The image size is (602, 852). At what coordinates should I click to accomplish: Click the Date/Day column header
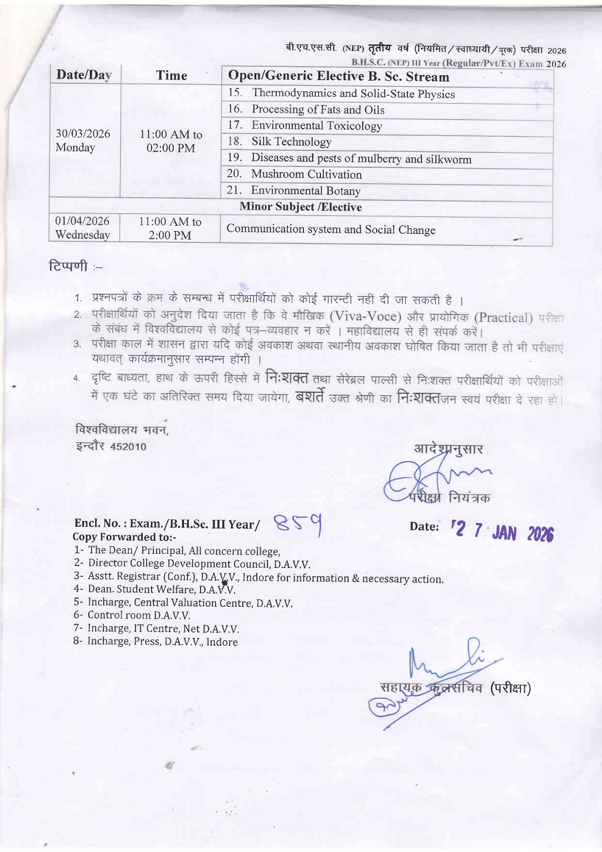(x=83, y=75)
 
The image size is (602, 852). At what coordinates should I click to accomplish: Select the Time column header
(x=171, y=75)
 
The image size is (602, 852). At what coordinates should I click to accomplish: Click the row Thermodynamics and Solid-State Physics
(x=353, y=93)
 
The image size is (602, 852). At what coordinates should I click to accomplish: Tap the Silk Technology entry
(x=291, y=142)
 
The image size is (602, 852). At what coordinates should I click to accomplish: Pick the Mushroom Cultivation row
(x=306, y=175)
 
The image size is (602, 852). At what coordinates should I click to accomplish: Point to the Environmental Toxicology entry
(x=316, y=126)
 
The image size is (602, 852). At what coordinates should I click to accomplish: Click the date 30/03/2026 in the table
(x=83, y=134)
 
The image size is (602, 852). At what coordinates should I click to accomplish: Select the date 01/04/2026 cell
(x=82, y=222)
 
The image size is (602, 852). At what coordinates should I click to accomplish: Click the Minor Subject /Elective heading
(x=300, y=207)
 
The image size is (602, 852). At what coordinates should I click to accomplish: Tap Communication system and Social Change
(x=331, y=230)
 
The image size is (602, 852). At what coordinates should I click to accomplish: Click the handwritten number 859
(x=298, y=524)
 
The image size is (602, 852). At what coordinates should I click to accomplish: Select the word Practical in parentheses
(x=503, y=318)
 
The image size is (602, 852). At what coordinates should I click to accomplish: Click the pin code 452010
(x=128, y=447)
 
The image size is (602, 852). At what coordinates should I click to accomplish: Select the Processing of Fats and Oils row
(x=317, y=110)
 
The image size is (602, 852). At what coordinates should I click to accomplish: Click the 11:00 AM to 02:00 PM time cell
(x=170, y=141)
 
